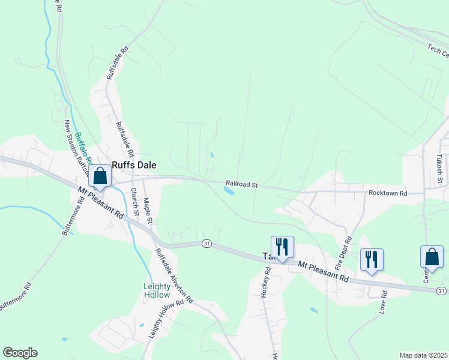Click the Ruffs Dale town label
(133, 164)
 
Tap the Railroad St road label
(241, 184)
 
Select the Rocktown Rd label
(388, 193)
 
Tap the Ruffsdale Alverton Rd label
(174, 275)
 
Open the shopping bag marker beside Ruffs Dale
(100, 177)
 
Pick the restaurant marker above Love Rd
(372, 259)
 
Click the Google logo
(20, 353)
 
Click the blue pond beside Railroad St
(229, 191)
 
